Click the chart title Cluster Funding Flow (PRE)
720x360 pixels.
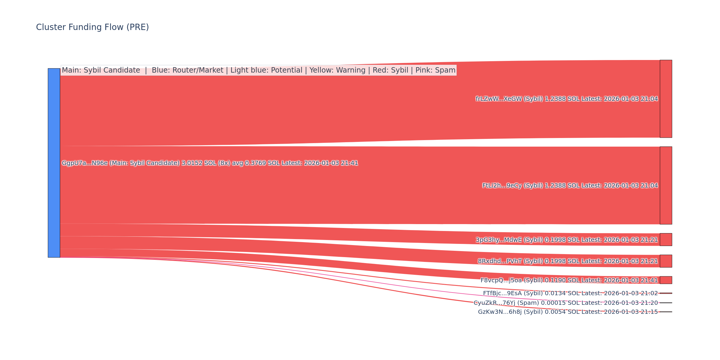coord(92,27)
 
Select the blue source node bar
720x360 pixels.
coord(54,163)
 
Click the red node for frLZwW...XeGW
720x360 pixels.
coord(666,99)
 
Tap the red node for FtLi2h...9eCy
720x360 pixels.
coord(666,185)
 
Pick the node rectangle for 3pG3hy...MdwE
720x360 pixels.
coord(666,240)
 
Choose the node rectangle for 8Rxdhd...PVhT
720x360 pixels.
coord(666,261)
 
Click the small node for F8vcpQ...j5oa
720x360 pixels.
coord(666,280)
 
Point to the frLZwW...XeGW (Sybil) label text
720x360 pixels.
coord(567,99)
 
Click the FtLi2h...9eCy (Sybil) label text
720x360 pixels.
coord(570,185)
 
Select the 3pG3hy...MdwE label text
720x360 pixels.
coord(567,240)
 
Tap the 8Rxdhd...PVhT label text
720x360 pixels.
coord(568,261)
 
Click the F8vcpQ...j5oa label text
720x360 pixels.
coord(569,280)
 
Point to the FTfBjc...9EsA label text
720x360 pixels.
coord(570,293)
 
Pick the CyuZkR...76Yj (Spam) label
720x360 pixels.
coord(565,303)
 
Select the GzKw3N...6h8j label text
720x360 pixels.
coord(568,312)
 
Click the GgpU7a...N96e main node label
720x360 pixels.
coord(210,163)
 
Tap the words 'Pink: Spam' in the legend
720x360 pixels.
coord(435,70)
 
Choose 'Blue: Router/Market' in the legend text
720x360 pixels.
coord(187,70)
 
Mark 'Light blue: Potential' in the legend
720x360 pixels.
coord(266,70)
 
